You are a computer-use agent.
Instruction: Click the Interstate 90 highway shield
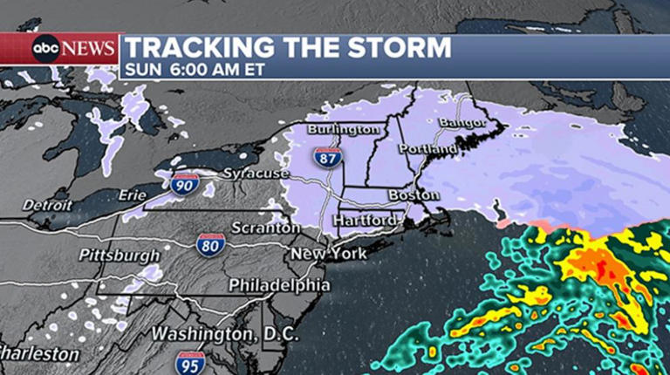coord(184,184)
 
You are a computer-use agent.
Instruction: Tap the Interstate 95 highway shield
coord(190,361)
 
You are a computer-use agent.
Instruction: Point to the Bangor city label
coord(461,122)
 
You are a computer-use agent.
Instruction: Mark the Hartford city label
coord(365,220)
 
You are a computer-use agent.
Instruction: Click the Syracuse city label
coord(256,174)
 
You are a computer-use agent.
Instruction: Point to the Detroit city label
coord(47,204)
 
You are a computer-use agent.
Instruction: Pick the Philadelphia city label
coord(279,285)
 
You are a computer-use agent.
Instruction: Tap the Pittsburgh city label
coord(120,256)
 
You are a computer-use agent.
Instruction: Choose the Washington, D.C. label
coord(224,334)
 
